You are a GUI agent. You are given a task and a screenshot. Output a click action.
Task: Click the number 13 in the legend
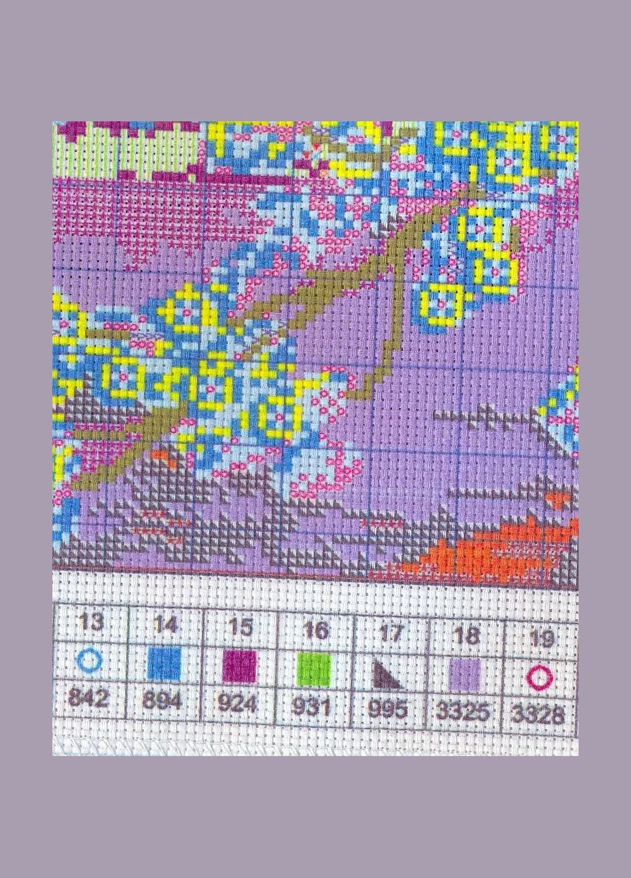[91, 623]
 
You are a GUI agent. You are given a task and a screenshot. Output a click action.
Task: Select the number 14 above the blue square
[165, 624]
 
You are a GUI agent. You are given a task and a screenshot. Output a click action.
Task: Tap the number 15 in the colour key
[240, 627]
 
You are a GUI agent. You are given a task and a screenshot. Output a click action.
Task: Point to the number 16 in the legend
[315, 629]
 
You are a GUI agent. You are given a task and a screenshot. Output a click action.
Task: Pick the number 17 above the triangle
[390, 633]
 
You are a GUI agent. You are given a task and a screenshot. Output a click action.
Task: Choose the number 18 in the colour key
[466, 635]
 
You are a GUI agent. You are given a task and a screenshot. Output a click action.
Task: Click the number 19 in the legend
[541, 638]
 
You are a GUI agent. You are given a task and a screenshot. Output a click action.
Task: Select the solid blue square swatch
[165, 663]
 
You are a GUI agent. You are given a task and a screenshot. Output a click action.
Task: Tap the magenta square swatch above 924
[239, 666]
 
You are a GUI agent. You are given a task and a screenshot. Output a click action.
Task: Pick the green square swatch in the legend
[314, 668]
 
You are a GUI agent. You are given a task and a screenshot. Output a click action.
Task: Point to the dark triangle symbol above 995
[387, 673]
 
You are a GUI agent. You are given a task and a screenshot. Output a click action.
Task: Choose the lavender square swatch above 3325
[465, 675]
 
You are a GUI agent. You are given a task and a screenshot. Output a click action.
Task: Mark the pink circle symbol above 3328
[540, 677]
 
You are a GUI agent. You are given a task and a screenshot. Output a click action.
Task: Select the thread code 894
[162, 700]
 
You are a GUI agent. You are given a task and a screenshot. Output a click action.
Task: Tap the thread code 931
[312, 706]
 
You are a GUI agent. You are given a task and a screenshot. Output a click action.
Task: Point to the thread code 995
[388, 709]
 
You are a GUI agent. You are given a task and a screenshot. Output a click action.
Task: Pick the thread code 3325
[463, 711]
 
